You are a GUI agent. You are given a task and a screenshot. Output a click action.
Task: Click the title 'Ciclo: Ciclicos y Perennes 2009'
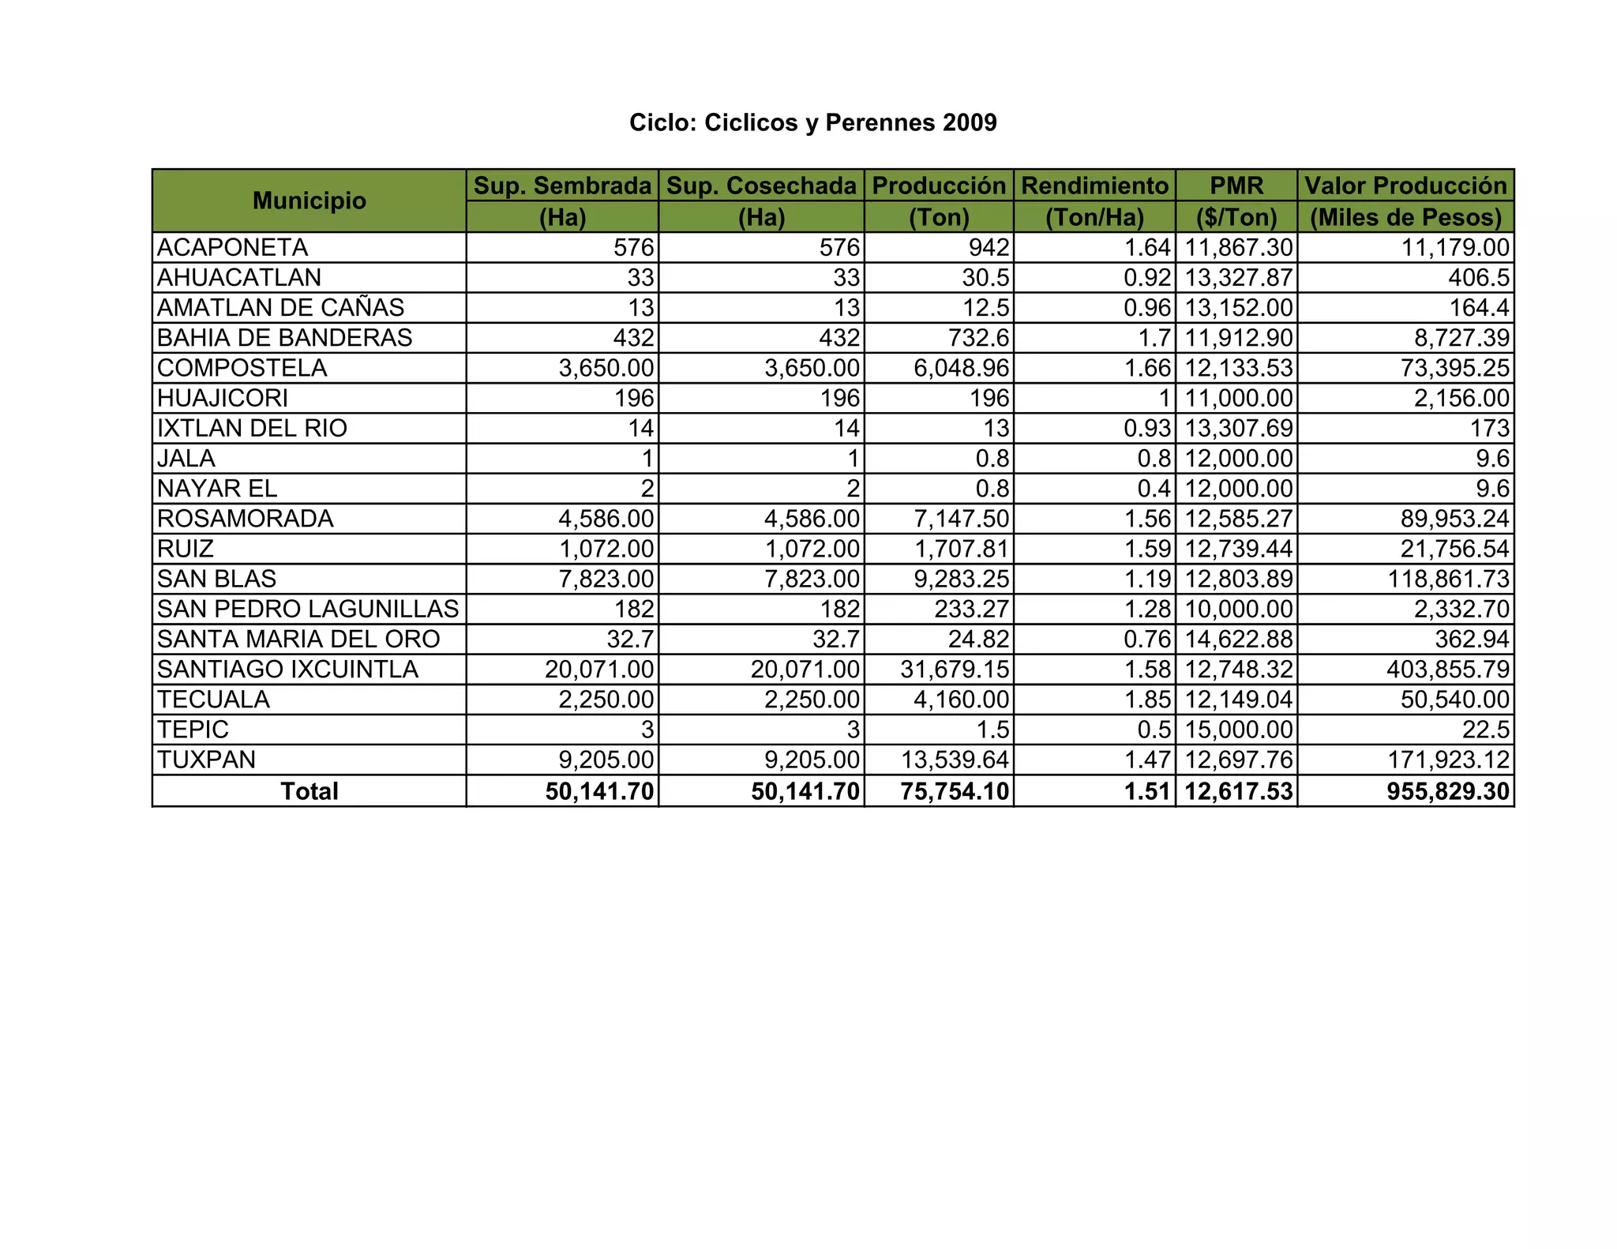pos(812,122)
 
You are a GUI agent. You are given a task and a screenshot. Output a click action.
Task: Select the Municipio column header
pos(309,201)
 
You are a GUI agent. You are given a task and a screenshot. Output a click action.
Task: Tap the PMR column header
pos(1236,186)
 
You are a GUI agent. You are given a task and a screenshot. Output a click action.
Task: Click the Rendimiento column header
pos(1094,186)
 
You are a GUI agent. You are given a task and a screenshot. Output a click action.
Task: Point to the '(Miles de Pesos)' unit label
pos(1405,217)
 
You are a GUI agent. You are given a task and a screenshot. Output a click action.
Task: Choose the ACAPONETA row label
pos(232,248)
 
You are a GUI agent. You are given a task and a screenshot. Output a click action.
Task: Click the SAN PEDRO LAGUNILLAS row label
pos(307,609)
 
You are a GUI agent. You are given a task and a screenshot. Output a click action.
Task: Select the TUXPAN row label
pos(206,760)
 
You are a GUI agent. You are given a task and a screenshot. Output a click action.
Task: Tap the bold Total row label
pos(309,791)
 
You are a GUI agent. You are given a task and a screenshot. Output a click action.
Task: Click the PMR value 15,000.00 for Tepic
pos(1239,730)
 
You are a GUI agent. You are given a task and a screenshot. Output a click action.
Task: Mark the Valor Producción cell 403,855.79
pos(1448,670)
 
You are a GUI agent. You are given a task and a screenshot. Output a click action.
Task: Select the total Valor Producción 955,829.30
pos(1448,791)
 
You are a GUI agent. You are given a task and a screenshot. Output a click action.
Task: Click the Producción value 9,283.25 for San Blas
pos(961,579)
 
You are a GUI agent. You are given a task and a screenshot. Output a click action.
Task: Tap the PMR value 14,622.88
pos(1239,639)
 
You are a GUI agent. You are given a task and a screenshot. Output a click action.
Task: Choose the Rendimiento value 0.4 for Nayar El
pos(1154,489)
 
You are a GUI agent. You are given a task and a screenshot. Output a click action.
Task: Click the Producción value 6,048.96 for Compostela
pos(961,368)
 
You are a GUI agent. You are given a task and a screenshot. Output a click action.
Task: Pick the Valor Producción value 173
pos(1490,428)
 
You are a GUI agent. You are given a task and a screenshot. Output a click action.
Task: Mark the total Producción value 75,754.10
pos(955,791)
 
